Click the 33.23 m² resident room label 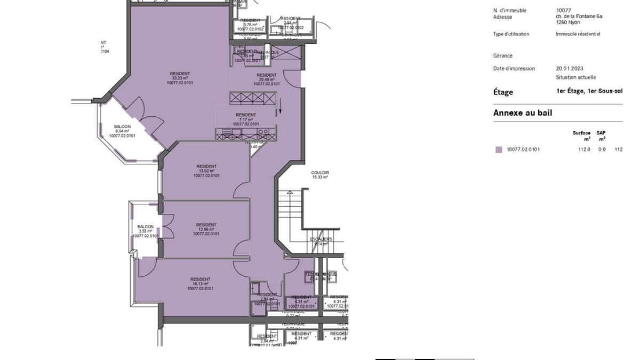coord(179,78)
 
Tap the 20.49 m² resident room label coord(267,79)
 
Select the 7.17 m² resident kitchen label coord(246,119)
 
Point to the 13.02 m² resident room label coord(206,171)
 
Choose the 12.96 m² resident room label coord(206,229)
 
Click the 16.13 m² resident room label coord(200,284)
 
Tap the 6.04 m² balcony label coord(122,131)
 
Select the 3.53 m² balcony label coord(146,231)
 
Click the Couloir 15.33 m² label coord(320,175)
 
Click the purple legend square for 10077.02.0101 coord(499,150)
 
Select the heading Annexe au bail coord(522,113)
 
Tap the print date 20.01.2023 coord(570,69)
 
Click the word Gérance coord(502,55)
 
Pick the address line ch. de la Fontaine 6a coord(579,17)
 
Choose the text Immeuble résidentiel coord(578,34)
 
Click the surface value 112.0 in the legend coord(584,150)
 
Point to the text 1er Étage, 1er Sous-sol coord(589,91)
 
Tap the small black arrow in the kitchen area coord(278,111)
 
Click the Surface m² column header coord(581,135)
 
